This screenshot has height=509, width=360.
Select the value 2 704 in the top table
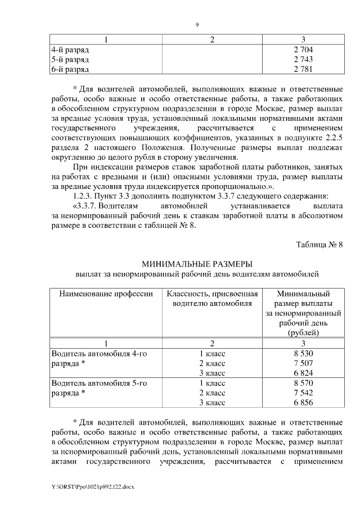(303, 50)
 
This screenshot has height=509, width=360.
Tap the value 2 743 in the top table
(303, 60)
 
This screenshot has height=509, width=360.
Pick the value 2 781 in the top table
(303, 69)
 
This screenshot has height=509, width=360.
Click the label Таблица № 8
(319, 244)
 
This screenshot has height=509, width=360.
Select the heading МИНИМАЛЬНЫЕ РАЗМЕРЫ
(197, 264)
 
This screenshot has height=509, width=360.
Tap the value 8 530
(303, 353)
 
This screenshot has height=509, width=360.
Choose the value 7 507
(303, 363)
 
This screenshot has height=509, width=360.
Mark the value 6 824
(303, 373)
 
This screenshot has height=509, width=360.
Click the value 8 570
(303, 383)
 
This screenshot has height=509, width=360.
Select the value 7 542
(303, 393)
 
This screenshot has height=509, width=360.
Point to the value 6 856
(303, 402)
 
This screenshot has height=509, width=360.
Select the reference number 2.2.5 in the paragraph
(332, 137)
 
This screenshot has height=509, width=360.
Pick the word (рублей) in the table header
(303, 333)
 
